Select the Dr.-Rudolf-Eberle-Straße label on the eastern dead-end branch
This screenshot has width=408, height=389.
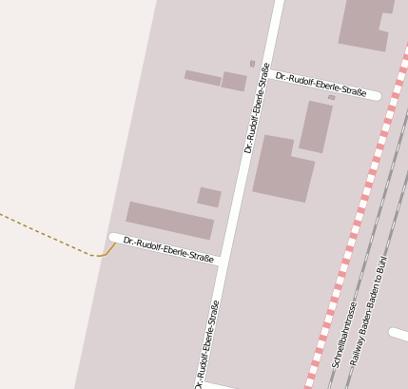tap(321, 85)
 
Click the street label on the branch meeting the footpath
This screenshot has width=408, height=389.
tap(168, 249)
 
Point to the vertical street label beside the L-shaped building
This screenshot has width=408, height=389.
tap(257, 107)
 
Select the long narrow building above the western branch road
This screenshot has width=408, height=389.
tap(169, 220)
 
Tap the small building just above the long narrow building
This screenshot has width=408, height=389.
tap(209, 197)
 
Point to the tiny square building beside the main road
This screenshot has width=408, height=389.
tap(252, 64)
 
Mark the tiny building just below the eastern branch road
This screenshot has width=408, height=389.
tap(331, 97)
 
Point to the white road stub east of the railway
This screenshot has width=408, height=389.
tap(398, 334)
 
